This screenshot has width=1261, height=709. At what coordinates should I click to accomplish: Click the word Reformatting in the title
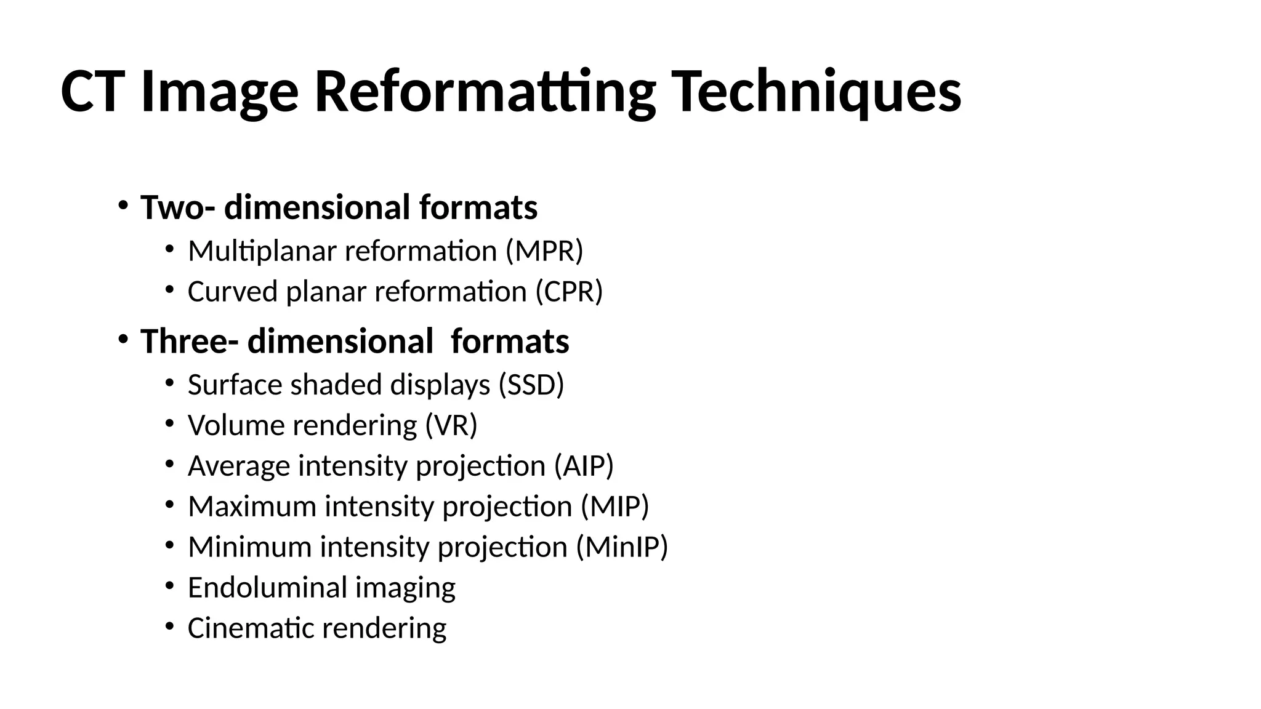click(485, 92)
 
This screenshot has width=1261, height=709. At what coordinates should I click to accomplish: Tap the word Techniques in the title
click(816, 92)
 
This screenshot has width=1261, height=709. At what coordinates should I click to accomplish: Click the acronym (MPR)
click(544, 251)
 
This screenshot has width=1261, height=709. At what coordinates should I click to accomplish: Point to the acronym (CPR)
click(569, 292)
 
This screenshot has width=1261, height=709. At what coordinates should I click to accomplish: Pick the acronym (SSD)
click(531, 385)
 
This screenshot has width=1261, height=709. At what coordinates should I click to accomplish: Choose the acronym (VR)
click(451, 425)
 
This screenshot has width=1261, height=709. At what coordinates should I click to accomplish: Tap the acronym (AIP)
click(584, 466)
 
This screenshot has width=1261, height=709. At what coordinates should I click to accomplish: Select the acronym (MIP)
click(615, 507)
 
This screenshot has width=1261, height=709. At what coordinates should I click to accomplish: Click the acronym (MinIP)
click(622, 547)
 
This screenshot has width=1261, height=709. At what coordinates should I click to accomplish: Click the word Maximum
click(252, 507)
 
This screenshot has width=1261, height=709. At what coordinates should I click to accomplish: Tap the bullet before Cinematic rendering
click(170, 626)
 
